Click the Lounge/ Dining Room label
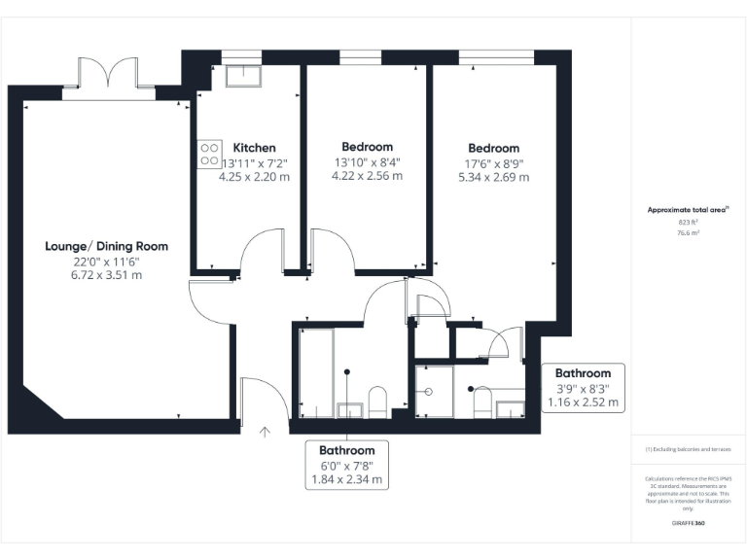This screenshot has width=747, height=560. (106, 246)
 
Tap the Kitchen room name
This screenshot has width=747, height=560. (254, 148)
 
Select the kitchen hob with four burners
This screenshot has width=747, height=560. (209, 154)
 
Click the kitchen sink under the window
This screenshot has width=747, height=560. (239, 76)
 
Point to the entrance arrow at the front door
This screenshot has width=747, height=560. (266, 429)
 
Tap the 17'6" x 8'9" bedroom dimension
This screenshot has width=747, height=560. (493, 163)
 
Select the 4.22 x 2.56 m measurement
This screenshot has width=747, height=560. (367, 177)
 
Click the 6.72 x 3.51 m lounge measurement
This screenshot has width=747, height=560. (106, 275)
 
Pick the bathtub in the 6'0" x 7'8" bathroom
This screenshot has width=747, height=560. (316, 372)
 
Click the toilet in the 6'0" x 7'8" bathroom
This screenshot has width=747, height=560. (377, 400)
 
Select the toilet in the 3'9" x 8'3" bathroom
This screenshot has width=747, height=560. (479, 401)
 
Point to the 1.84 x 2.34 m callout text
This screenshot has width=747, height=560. (347, 479)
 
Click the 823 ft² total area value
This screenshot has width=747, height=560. (689, 223)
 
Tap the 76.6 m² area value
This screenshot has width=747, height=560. (689, 233)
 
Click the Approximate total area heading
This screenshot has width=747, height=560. (688, 209)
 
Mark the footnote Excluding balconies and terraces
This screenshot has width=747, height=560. (689, 449)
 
